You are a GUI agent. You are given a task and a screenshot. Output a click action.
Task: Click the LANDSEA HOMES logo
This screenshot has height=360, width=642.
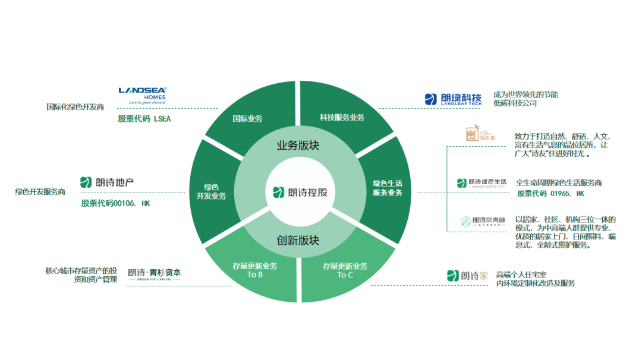click(142, 95)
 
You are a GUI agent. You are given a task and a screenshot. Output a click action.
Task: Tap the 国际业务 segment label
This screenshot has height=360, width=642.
click(247, 118)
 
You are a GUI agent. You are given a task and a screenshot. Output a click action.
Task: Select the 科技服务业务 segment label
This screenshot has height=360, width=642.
click(342, 118)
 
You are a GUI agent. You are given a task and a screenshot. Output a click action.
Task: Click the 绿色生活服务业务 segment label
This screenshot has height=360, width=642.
click(388, 188)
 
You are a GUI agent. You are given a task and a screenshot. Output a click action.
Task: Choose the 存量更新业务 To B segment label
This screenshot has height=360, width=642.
click(254, 270)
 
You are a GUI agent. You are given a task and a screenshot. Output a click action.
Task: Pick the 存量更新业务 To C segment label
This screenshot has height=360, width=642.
click(345, 270)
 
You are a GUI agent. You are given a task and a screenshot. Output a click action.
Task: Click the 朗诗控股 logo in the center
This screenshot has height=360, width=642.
click(300, 192)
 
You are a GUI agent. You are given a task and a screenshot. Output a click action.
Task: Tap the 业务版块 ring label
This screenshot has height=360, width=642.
click(298, 146)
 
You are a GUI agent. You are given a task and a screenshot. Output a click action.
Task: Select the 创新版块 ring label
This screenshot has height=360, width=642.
click(298, 241)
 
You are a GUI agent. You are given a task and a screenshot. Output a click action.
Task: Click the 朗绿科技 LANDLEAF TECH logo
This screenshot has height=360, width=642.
click(453, 99)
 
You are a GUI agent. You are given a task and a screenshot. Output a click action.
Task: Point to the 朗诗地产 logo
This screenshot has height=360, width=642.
click(107, 182)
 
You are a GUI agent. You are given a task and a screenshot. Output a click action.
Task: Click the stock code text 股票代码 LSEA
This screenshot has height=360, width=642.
click(144, 119)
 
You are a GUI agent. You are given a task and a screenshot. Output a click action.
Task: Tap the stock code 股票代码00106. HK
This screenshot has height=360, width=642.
click(117, 203)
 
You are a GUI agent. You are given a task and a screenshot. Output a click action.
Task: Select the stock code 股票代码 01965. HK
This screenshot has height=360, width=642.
click(550, 194)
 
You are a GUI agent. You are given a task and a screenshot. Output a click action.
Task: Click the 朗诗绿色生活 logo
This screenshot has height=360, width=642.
click(481, 183)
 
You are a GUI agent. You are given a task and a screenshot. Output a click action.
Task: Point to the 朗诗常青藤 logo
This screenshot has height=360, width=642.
click(481, 222)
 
